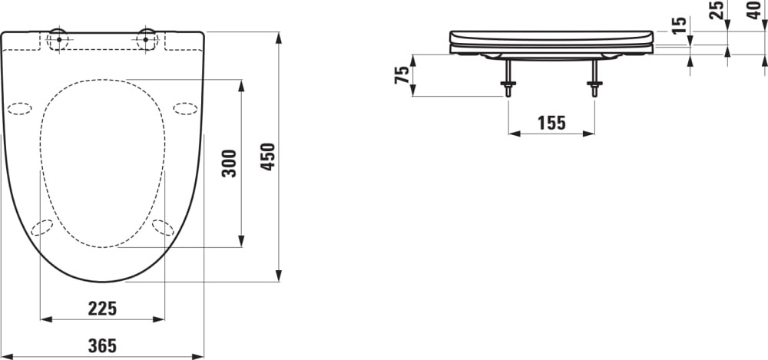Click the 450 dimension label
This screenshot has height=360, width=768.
[x=268, y=157]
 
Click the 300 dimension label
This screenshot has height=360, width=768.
[x=229, y=163]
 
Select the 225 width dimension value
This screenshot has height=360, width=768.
[x=102, y=309]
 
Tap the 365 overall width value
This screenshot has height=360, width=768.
[x=102, y=345]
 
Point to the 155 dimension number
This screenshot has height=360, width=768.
[x=551, y=123]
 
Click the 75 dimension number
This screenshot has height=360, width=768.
[x=402, y=75]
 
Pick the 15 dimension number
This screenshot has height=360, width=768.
[x=680, y=25]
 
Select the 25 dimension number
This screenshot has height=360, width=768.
[x=716, y=10]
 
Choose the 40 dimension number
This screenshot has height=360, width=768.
[x=754, y=10]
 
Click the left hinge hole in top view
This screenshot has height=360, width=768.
[x=58, y=40]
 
